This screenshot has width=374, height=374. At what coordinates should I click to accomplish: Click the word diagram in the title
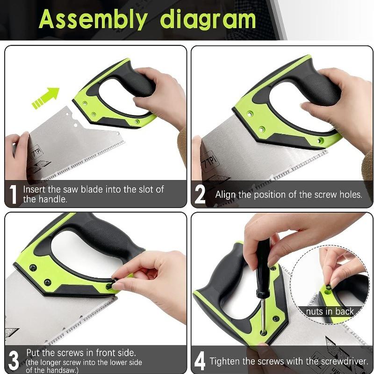tap(208, 20)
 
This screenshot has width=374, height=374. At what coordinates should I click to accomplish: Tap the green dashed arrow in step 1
tap(45, 97)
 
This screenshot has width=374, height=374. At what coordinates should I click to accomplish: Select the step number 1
tap(14, 194)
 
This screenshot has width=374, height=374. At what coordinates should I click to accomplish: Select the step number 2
tap(200, 194)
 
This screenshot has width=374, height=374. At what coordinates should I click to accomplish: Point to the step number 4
tap(200, 361)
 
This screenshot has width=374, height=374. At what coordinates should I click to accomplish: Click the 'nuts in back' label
tap(330, 311)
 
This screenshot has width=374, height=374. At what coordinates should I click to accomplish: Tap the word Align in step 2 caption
tap(226, 194)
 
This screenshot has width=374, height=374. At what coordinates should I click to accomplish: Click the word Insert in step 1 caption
tap(35, 190)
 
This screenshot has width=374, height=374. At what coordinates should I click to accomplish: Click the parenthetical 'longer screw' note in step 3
tap(84, 367)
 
